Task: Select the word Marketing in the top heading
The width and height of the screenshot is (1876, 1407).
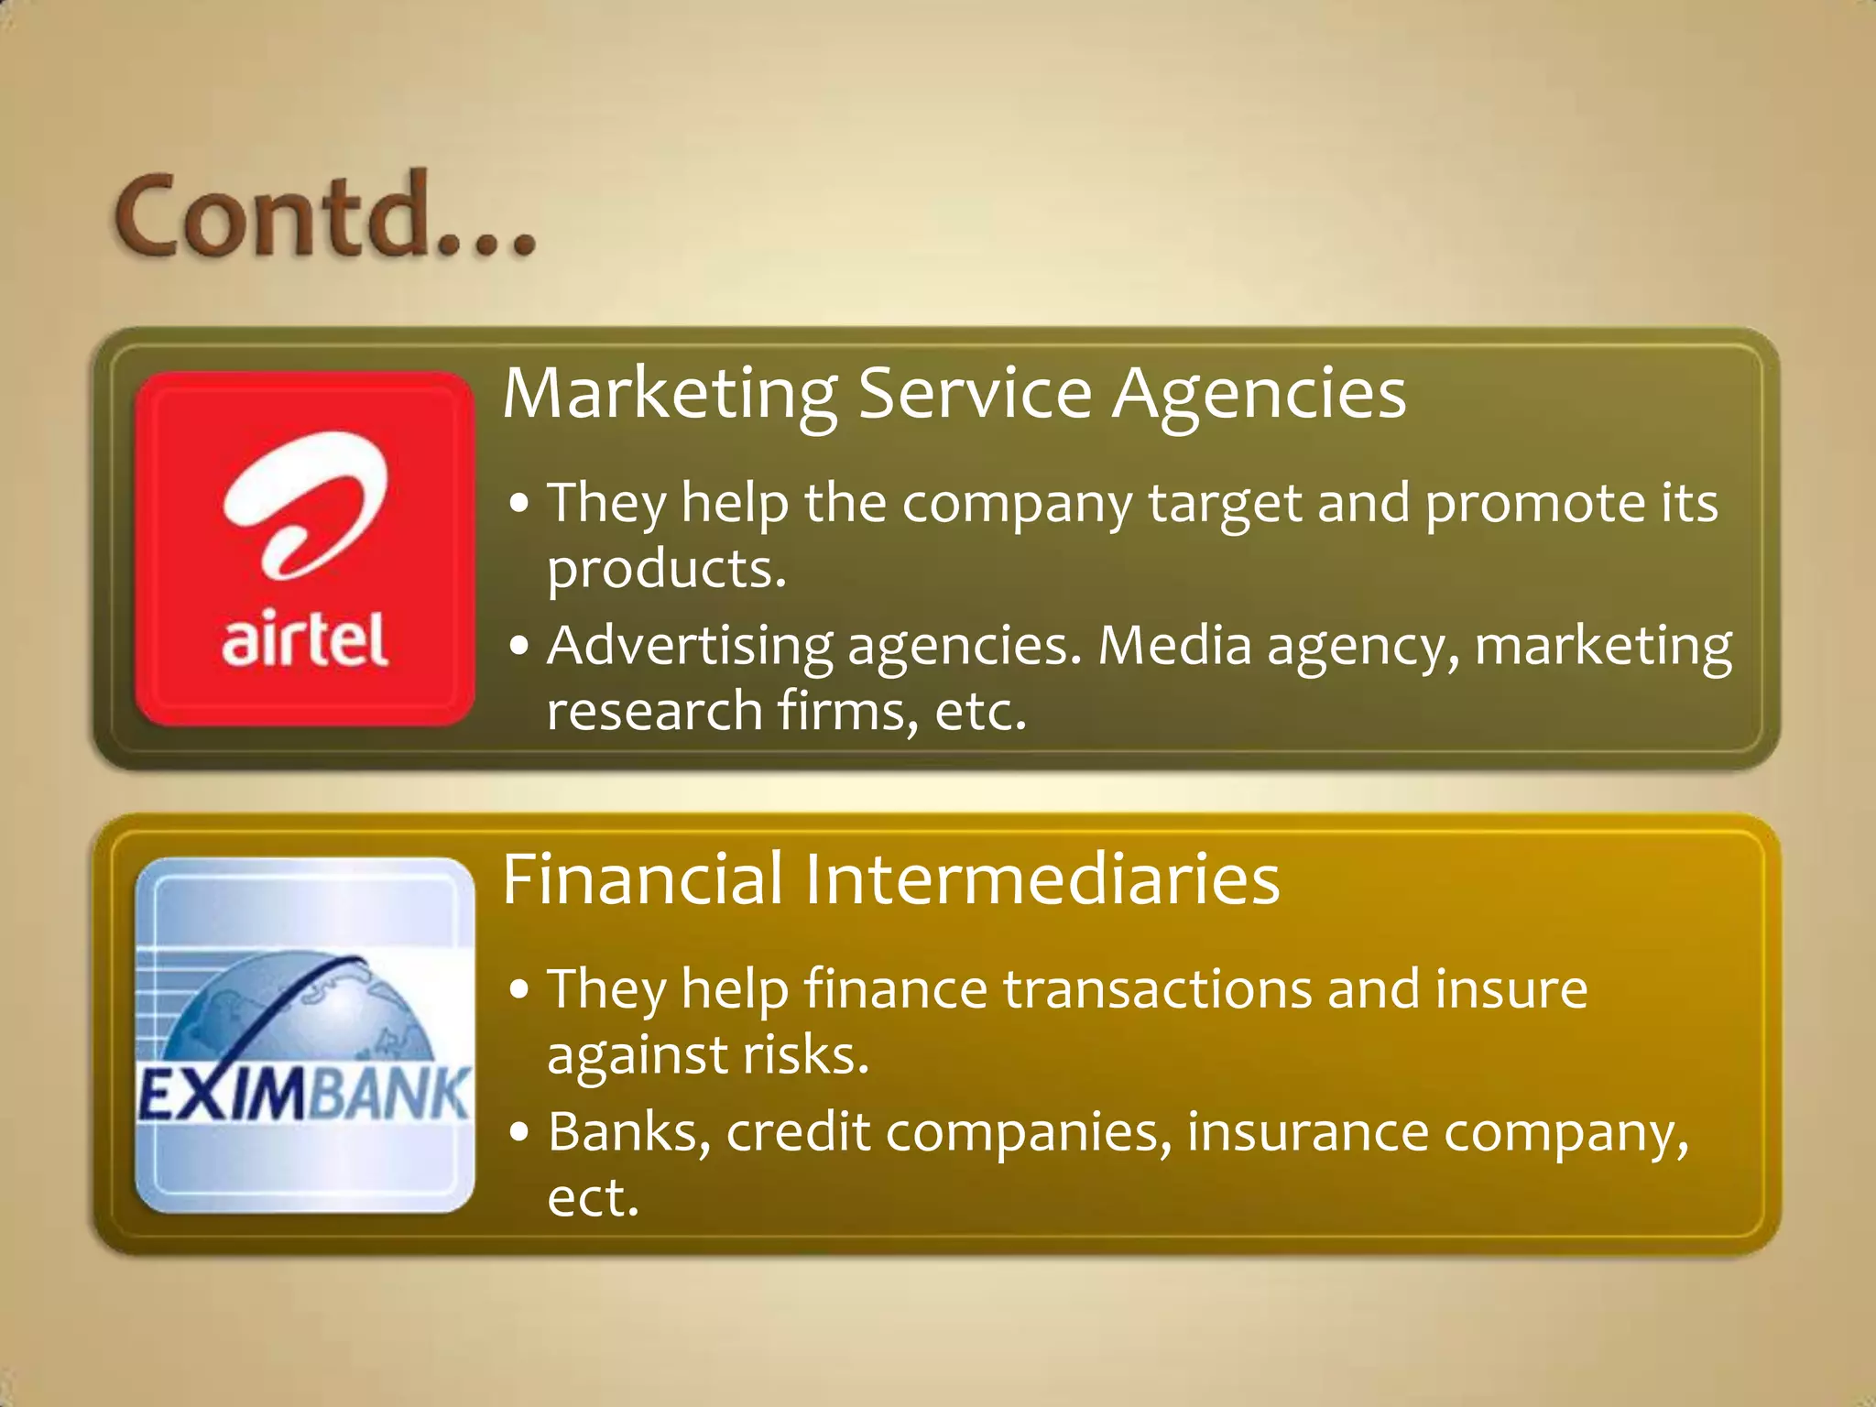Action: pos(670,394)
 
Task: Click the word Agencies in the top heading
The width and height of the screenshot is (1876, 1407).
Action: pos(1259,394)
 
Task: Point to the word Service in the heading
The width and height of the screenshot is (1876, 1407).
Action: pos(975,394)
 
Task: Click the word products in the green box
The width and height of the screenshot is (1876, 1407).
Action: pos(666,570)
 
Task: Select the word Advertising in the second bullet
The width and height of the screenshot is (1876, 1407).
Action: pos(690,646)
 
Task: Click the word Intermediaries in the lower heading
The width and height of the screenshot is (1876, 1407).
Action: pos(1042,879)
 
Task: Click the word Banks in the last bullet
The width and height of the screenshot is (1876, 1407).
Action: pos(629,1132)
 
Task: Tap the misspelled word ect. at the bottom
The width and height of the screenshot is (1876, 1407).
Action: pos(593,1197)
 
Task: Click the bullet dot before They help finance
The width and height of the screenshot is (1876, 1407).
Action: pos(519,990)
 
